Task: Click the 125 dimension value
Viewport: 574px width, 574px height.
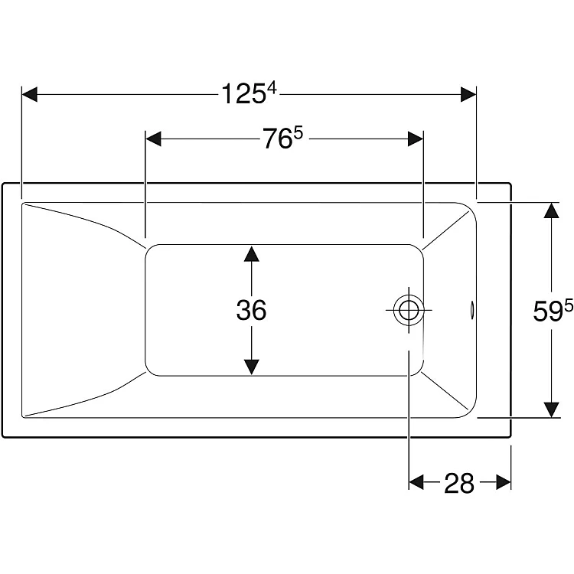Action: point(243,94)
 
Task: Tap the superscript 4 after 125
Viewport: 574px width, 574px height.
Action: point(272,88)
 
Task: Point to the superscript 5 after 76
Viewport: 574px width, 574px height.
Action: point(299,133)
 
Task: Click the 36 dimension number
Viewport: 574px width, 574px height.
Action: point(251,310)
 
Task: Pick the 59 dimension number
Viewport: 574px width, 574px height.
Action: point(548,311)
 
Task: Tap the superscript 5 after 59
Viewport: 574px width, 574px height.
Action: point(569,306)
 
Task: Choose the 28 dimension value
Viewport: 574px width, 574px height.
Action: point(459,483)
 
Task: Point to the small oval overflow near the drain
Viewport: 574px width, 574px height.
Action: point(472,310)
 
